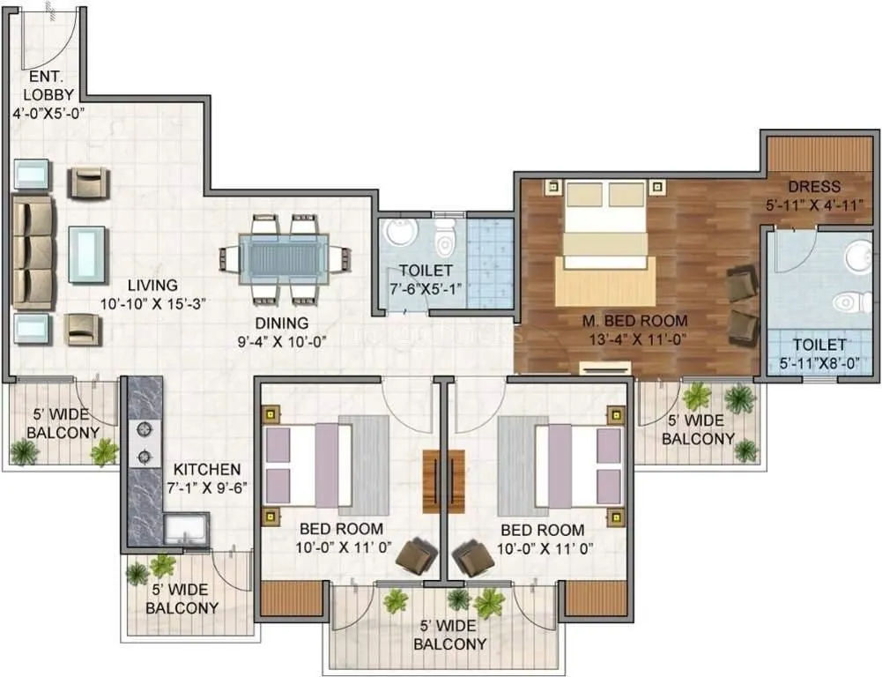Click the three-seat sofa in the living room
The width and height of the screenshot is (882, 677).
32,252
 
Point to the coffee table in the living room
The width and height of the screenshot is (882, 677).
87,254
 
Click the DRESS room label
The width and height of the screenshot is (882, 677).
814,187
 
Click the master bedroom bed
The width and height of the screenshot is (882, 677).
604,234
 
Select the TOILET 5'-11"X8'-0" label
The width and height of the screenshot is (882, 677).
819,345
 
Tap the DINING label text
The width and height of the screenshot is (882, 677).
282,324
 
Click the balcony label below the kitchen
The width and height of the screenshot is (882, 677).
182,599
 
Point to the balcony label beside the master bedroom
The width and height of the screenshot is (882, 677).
698,429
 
